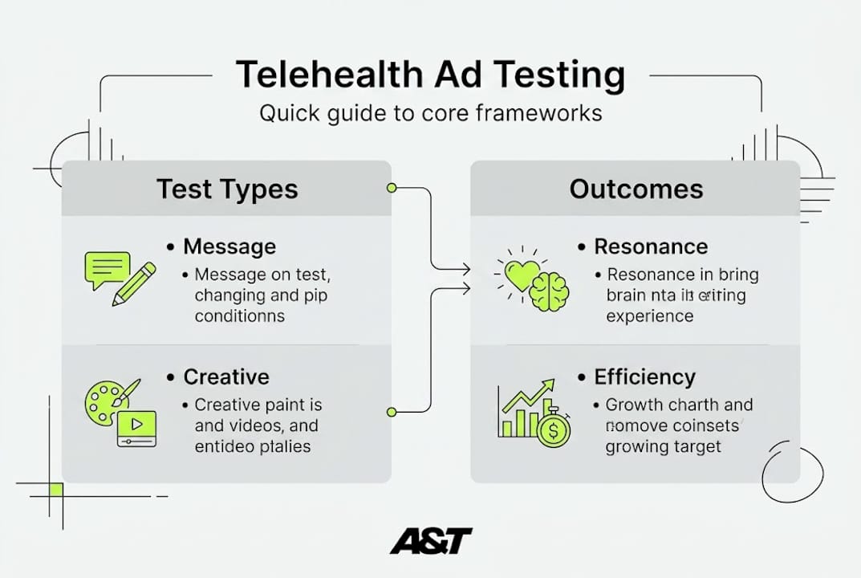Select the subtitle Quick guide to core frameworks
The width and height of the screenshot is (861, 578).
click(430, 113)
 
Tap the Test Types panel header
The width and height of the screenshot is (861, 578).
click(227, 189)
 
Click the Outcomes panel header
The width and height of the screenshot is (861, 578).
click(636, 189)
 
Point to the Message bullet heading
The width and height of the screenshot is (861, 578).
click(229, 246)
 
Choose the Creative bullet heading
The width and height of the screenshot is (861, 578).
click(226, 377)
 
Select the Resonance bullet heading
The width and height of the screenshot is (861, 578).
click(651, 246)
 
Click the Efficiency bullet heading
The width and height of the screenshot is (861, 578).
click(644, 377)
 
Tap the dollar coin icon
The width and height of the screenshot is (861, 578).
click(553, 429)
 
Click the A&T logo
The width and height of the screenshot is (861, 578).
click(431, 541)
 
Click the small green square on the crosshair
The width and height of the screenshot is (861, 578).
click(55, 489)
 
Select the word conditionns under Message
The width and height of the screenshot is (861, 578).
click(239, 315)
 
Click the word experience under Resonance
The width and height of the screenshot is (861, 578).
click(650, 315)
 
